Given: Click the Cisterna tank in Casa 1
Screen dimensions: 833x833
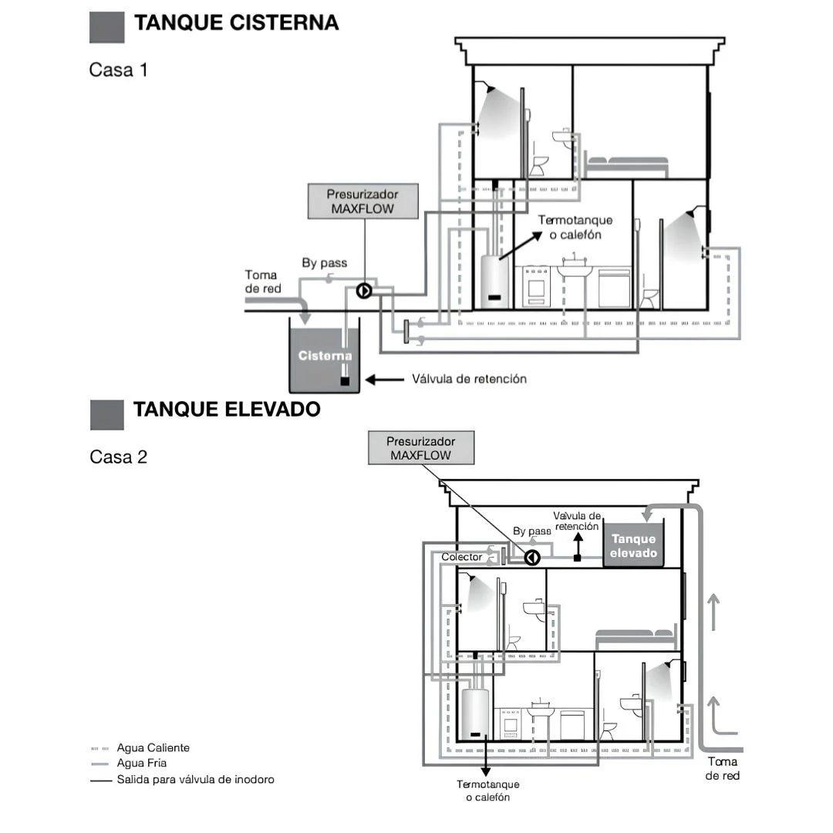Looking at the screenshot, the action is pos(324,356).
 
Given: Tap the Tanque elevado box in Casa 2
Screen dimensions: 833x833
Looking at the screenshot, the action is pos(633,545).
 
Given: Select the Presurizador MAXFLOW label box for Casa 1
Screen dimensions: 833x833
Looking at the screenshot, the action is pos(363,201).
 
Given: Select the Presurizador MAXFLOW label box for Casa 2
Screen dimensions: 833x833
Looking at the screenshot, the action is pos(421,448).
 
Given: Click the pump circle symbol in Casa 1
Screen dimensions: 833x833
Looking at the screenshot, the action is pos(364,291).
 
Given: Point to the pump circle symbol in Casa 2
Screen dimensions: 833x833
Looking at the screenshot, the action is pos(532,558).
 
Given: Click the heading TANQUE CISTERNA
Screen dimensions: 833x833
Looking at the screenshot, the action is pos(237,23).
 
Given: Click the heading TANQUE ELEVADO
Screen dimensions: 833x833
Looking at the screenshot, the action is pos(227,409).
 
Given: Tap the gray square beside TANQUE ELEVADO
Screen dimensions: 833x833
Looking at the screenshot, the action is pos(106,415).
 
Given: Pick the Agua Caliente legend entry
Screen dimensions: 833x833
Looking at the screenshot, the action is pos(140,747).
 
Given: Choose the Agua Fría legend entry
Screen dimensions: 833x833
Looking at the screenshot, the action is pos(129,763).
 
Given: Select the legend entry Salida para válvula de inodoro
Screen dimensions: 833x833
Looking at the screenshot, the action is pos(182,779).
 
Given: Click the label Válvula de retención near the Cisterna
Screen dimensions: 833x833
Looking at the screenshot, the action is pos(469,379).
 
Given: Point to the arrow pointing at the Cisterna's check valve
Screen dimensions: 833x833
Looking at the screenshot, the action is pos(385,379).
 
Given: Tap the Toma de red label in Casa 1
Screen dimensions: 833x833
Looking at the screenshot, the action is pos(262,282).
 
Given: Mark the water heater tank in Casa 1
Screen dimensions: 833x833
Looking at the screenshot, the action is pos(494,282).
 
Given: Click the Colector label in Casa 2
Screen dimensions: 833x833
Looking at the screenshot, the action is pos(461,557).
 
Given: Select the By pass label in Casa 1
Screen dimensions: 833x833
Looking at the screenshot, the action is pos(324,263).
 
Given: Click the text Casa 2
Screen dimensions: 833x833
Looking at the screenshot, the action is pos(119,457).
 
